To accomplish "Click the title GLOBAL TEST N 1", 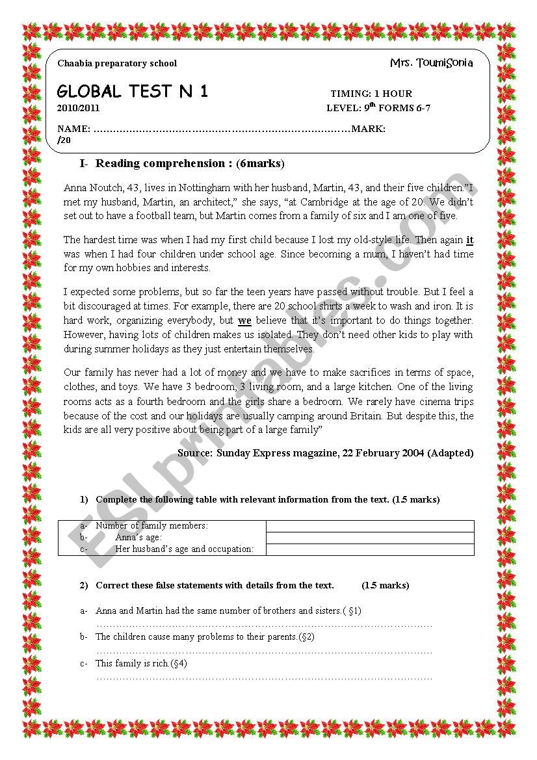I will click(133, 91).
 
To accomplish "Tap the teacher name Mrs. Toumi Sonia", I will click(431, 63).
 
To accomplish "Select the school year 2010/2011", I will click(79, 109).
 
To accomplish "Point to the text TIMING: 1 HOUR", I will click(371, 94).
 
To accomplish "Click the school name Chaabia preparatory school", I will click(117, 64).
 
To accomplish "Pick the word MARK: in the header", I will click(368, 129).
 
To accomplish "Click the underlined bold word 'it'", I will click(470, 240).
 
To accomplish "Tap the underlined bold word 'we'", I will click(244, 321).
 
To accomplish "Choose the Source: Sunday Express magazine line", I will click(325, 452).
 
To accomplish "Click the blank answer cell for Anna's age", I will click(370, 538).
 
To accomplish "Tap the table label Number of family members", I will click(151, 526).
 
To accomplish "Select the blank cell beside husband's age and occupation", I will click(370, 549).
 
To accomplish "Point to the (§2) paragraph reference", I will click(306, 637).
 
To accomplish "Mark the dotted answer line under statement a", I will click(264, 624).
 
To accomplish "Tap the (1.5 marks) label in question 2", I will click(386, 585).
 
